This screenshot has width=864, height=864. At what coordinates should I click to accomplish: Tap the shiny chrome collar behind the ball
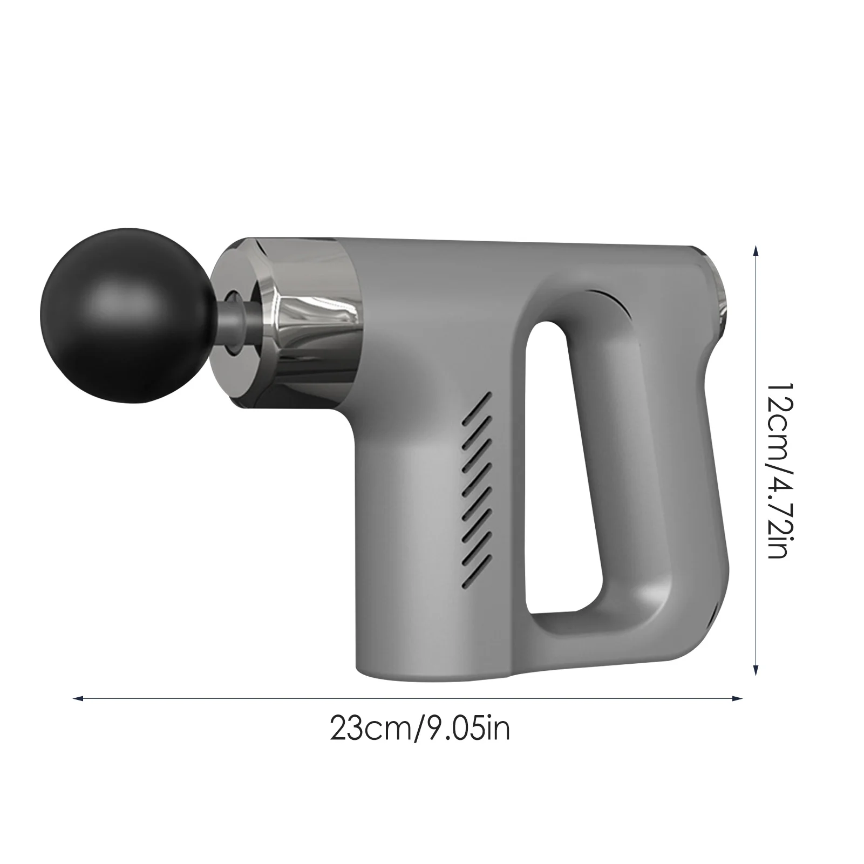click(x=313, y=313)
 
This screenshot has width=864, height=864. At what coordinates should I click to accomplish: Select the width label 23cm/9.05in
click(x=420, y=730)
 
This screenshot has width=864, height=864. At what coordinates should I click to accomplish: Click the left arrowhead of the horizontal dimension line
click(x=77, y=698)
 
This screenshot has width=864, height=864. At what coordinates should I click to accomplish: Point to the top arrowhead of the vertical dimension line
click(x=756, y=249)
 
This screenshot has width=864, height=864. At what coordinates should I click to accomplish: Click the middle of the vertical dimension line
click(x=756, y=459)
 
